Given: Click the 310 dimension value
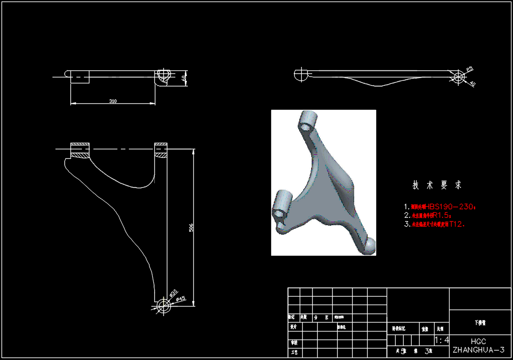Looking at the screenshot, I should (113, 101).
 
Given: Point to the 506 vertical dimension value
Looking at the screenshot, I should (191, 228).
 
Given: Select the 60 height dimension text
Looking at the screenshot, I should (184, 78).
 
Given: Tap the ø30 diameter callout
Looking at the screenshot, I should (173, 293).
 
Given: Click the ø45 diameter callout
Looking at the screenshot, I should (180, 299).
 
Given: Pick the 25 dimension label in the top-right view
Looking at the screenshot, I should (469, 69).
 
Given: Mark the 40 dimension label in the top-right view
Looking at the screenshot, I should (472, 84).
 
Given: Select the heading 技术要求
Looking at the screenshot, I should (437, 185).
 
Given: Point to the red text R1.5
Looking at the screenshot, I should (442, 215).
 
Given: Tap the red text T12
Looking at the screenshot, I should (457, 224).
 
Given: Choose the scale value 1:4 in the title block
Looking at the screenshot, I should (442, 341).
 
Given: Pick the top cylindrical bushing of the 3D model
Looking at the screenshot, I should (308, 120).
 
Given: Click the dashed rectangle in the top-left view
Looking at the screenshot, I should (80, 77).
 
